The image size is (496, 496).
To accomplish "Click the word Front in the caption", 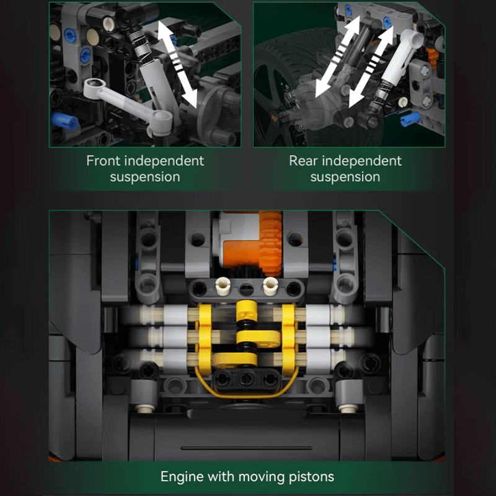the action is (104, 161).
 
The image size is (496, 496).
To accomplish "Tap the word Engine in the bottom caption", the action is (182, 477).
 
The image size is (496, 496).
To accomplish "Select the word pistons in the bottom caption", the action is (311, 477).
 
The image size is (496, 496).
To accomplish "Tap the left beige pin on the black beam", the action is (222, 286).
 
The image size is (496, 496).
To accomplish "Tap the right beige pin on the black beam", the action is (270, 286).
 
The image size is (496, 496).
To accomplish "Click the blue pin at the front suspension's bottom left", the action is (65, 121).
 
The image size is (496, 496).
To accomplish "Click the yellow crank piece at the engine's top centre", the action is (247, 311).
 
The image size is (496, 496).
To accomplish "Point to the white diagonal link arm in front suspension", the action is (126, 102).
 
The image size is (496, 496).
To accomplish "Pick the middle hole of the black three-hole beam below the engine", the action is (247, 378).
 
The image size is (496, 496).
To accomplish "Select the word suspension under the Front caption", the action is (145, 177).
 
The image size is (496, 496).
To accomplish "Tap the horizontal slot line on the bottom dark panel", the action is (247, 448).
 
